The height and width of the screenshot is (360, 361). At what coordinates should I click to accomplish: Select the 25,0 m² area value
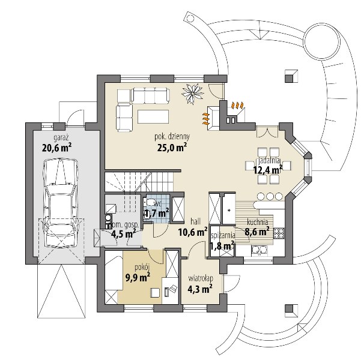172,148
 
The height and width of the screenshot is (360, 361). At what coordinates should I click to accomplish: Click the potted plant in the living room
192,93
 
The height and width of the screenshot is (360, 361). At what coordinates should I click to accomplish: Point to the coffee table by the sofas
153,116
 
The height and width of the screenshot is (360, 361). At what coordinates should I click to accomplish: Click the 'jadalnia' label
268,161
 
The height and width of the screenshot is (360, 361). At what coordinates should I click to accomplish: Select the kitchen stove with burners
279,233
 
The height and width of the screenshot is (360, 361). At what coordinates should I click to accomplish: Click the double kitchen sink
259,250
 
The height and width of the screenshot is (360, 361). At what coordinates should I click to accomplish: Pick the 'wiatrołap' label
201,278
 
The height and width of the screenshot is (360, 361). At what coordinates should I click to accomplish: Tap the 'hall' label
195,221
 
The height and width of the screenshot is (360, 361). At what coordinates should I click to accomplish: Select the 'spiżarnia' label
223,235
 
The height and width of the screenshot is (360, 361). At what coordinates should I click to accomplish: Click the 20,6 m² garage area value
56,148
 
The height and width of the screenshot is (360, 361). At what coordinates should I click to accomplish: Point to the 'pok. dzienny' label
172,137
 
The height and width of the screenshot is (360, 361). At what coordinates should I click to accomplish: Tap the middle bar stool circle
270,190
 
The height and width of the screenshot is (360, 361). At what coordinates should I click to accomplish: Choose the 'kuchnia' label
258,222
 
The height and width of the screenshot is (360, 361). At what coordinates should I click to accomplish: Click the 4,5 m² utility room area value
123,234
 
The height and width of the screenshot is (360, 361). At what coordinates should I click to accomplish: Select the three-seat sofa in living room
151,95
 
